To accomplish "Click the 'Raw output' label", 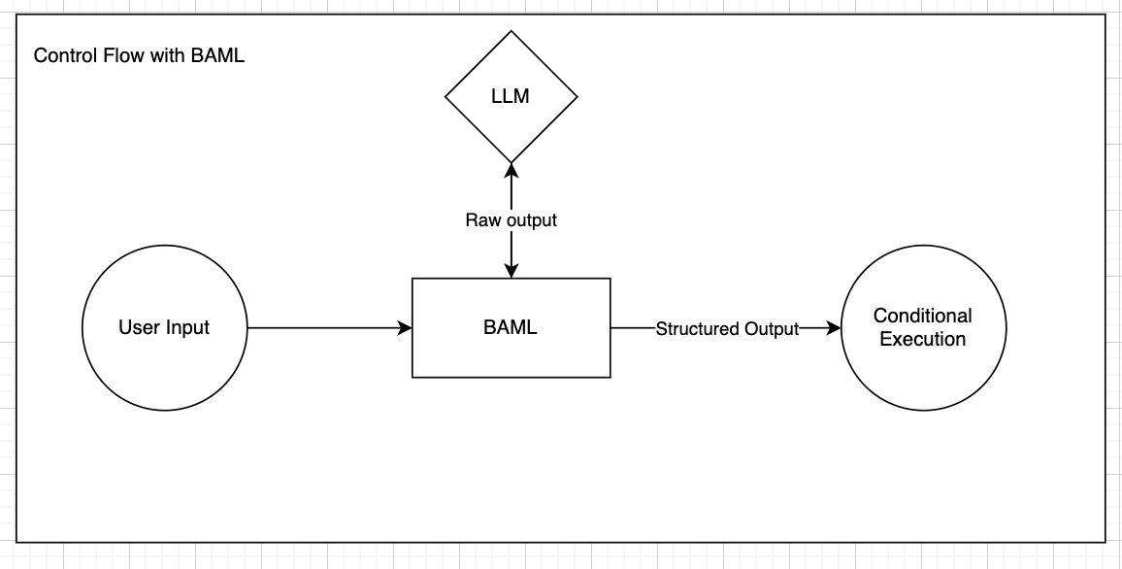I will pos(511,220).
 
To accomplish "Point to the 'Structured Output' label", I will pos(727,329).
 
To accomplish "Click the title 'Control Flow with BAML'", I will pos(139,55).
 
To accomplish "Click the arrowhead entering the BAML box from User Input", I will pos(406,328).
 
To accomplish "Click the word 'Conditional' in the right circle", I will pos(922,316).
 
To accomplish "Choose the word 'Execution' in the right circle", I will pos(922,340).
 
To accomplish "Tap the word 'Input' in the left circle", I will pos(187,327).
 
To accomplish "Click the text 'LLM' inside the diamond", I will pos(511,96).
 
